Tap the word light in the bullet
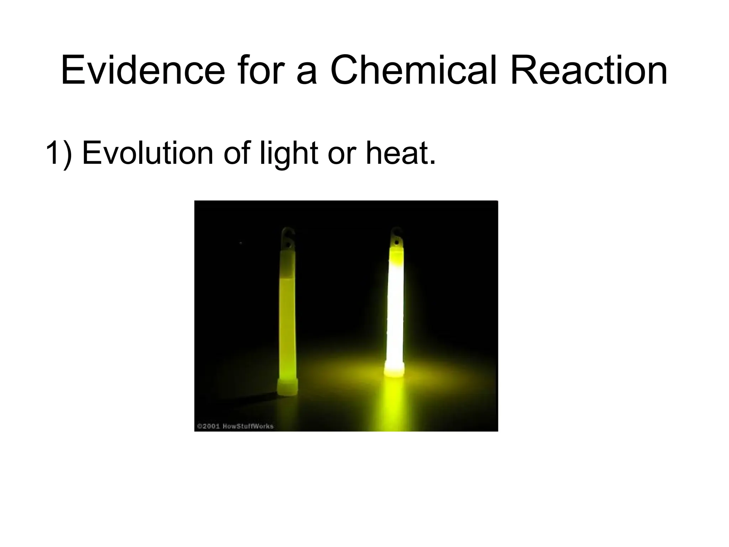point(289,153)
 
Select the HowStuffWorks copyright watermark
point(235,426)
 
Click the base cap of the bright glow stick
point(394,369)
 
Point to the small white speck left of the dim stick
point(241,243)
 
